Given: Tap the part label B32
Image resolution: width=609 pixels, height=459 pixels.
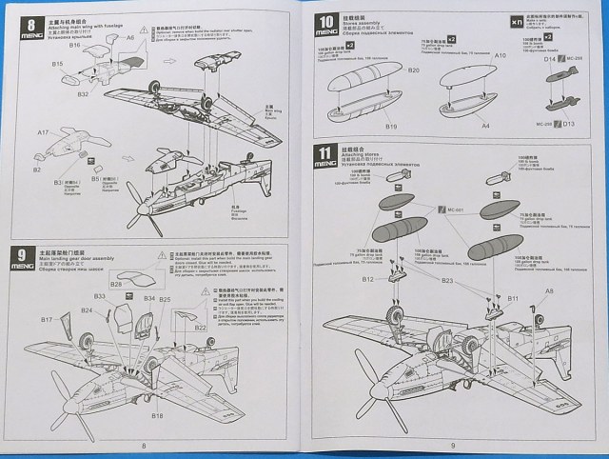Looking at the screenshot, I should (x=84, y=93).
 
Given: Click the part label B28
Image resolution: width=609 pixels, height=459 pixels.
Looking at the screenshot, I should (x=115, y=283).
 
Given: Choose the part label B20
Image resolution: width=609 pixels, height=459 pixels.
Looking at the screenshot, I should (x=413, y=70).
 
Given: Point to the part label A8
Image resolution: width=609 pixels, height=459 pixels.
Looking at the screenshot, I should (x=549, y=290).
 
